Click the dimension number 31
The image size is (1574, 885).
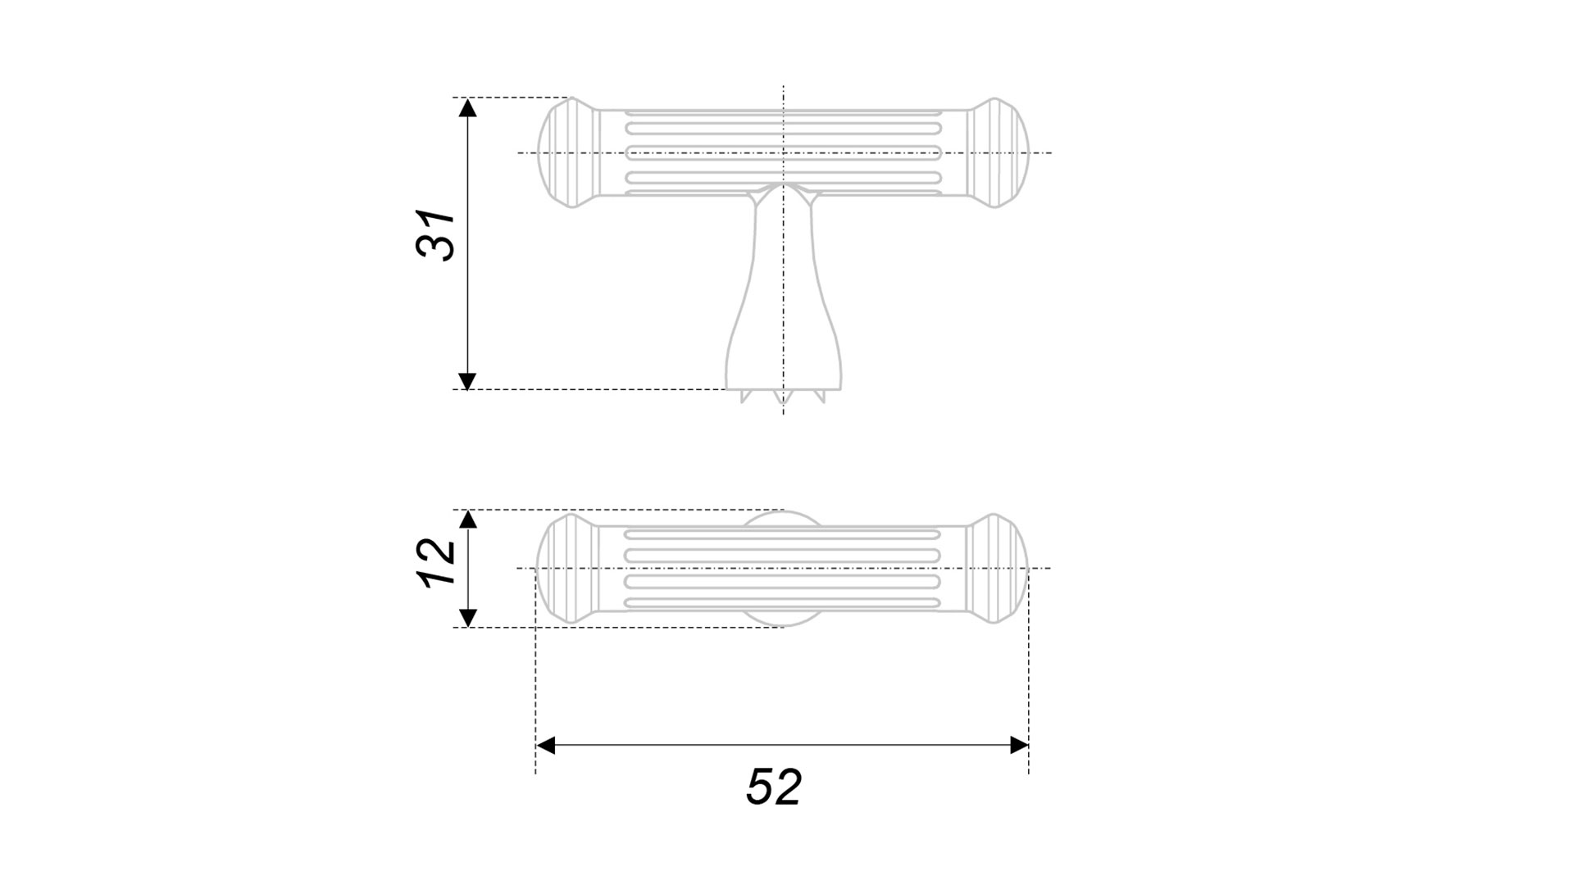[x=435, y=236]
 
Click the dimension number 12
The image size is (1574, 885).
[x=436, y=562]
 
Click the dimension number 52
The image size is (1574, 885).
[x=773, y=787]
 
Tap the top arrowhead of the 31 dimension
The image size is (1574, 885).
[x=467, y=107]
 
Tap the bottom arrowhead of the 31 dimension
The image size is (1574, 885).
[x=467, y=380]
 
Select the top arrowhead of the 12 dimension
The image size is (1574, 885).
[x=467, y=519]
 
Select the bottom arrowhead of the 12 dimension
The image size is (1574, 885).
[x=467, y=618]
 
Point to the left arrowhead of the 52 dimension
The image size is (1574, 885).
[x=545, y=745]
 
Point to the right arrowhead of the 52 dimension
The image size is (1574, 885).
[x=1019, y=745]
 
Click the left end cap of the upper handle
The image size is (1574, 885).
[x=568, y=152]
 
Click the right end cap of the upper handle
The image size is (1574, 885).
[x=997, y=152]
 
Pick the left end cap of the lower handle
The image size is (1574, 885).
[x=568, y=568]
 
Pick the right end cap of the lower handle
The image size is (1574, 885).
[x=997, y=568]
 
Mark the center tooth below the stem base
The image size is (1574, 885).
[x=783, y=397]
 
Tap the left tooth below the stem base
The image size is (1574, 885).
[x=747, y=396]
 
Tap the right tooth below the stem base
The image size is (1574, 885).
[x=819, y=396]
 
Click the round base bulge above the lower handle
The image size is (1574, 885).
[x=783, y=519]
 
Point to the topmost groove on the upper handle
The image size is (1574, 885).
[x=783, y=128]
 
